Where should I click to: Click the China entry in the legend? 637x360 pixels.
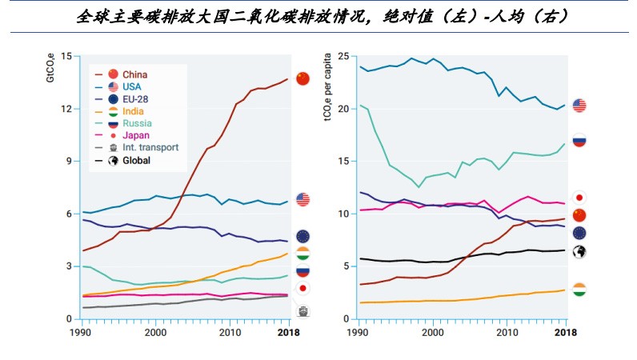pos(135,74)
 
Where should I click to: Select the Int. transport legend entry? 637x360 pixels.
pos(150,148)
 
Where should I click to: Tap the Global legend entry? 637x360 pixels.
pos(137,161)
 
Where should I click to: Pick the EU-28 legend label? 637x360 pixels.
pos(136,99)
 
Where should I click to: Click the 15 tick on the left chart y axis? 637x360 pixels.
pos(66,56)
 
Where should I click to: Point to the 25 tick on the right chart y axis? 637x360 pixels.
pos(344,56)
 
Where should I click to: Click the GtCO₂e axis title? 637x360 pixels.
pos(50,68)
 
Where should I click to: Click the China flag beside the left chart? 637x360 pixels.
pos(303,78)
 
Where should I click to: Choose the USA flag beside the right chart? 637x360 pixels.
pos(579,106)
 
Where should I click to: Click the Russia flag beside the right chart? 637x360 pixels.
pos(579,140)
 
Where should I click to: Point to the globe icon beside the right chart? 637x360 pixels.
pos(579,251)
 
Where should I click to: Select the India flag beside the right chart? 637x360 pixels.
pos(579,289)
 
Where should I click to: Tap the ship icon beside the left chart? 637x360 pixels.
pos(303,311)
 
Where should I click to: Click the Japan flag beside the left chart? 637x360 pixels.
pos(303,288)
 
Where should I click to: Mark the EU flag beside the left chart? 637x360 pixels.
pos(303,236)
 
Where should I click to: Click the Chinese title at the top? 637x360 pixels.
pos(318,16)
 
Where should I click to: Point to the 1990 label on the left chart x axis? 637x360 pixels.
pos(80,332)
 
